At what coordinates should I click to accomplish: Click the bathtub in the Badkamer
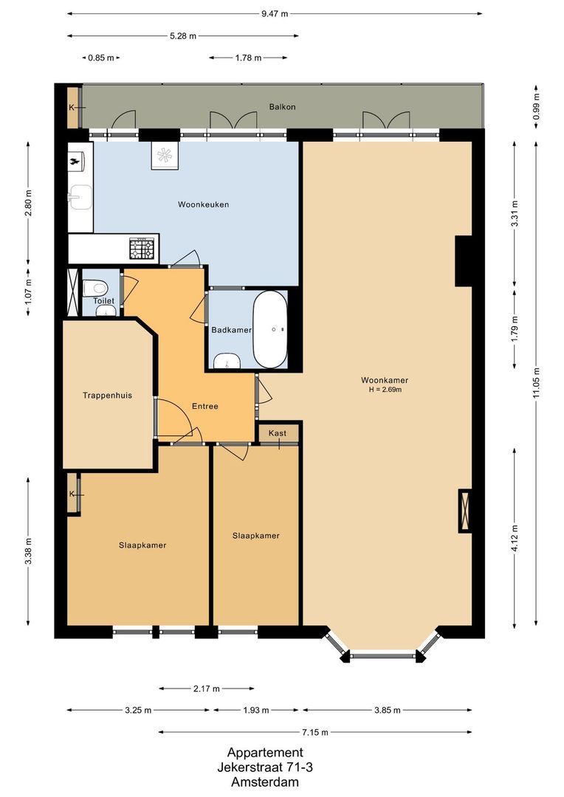click(269, 329)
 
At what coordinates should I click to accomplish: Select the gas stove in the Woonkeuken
click(142, 249)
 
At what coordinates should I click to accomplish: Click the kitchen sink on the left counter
click(80, 197)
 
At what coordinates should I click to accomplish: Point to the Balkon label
click(282, 107)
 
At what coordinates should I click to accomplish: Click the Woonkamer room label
click(385, 381)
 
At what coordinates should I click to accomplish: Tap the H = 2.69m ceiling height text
click(385, 390)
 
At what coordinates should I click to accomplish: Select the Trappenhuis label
click(107, 396)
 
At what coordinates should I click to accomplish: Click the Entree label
click(204, 406)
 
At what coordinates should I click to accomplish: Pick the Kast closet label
click(278, 433)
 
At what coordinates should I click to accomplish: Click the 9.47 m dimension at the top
click(274, 13)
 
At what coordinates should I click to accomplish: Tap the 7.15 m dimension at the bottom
click(314, 732)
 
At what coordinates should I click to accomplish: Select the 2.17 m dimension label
click(206, 689)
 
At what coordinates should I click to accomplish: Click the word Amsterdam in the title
click(264, 782)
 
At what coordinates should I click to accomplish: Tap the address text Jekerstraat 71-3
click(264, 767)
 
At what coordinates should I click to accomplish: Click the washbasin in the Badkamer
click(227, 361)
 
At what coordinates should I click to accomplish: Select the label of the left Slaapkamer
click(142, 545)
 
